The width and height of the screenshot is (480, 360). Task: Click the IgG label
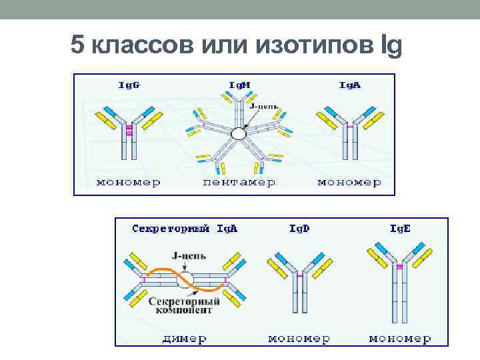(x=129, y=85)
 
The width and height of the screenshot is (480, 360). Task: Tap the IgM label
(x=240, y=85)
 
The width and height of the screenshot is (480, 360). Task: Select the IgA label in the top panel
(x=350, y=85)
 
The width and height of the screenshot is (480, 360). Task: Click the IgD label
(x=299, y=228)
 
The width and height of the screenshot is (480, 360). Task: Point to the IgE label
(x=400, y=228)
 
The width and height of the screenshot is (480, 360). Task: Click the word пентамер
(x=239, y=182)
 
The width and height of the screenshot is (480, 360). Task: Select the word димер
(x=184, y=339)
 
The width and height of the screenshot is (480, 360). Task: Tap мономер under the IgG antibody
(x=129, y=182)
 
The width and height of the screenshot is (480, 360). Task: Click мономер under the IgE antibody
(x=400, y=339)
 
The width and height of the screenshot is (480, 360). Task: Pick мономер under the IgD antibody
(x=299, y=339)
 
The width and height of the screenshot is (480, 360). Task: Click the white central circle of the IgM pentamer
(x=238, y=134)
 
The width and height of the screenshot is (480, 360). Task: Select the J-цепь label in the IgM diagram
(x=264, y=105)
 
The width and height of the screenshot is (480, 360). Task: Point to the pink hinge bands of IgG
(x=129, y=131)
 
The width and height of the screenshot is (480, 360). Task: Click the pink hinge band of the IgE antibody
(x=400, y=267)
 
